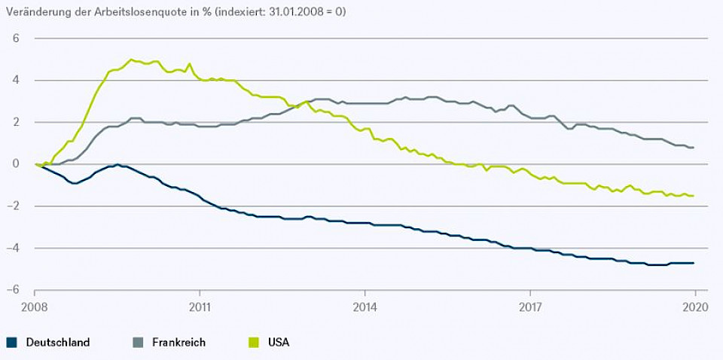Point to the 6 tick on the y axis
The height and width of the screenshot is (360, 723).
point(16,38)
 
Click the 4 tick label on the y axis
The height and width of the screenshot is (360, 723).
point(16,80)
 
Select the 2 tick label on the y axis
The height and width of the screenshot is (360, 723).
point(16,122)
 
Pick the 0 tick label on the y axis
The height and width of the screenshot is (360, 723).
point(16,164)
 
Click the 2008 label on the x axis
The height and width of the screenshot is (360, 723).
point(35,307)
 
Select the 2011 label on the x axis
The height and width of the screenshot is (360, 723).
point(200,307)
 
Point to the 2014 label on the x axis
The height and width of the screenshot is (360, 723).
point(365,307)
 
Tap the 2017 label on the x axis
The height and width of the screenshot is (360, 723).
point(530,307)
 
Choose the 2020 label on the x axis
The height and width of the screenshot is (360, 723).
point(694,307)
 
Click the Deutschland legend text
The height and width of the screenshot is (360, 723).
point(58,342)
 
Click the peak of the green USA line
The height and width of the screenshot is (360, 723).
point(131,59)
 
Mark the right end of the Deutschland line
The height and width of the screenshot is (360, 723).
point(694,263)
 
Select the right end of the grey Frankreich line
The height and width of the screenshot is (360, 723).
point(694,148)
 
